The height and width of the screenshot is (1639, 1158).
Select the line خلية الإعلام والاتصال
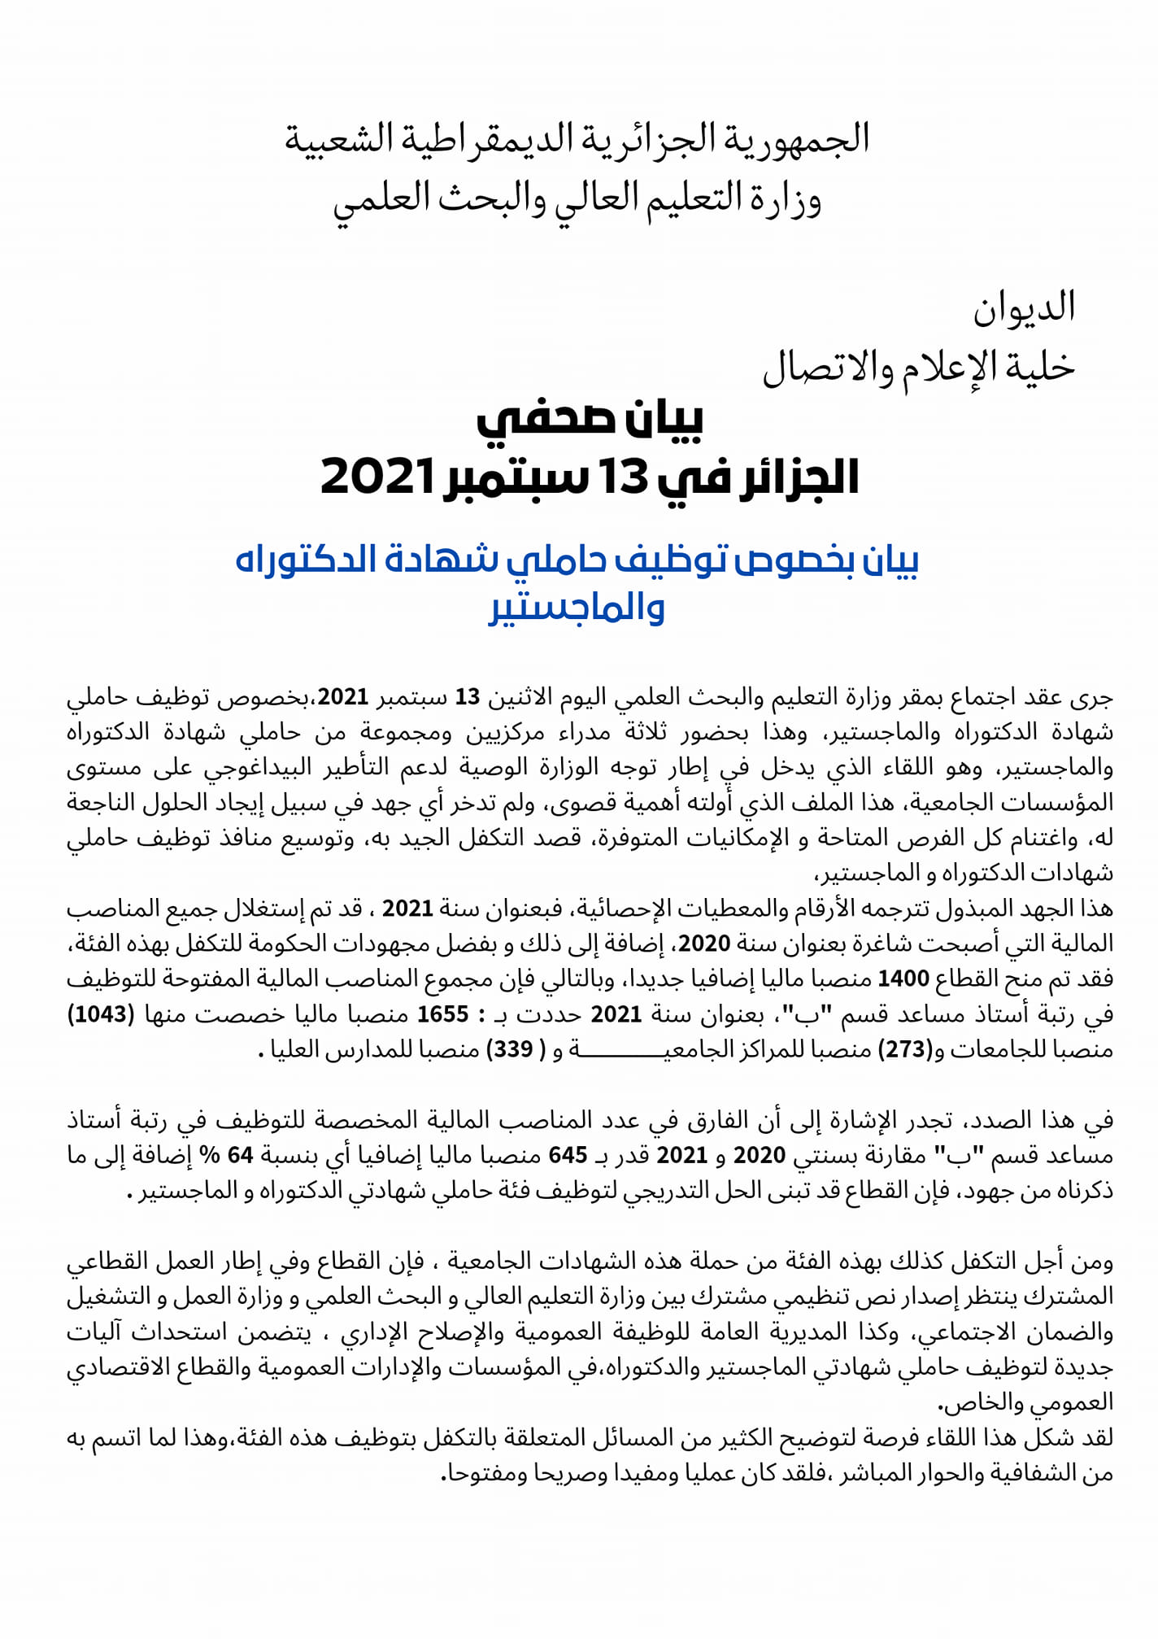pyautogui.click(x=919, y=368)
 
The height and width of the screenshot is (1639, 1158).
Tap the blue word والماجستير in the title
pyautogui.click(x=577, y=608)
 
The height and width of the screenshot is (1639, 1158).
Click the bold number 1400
pyautogui.click(x=902, y=979)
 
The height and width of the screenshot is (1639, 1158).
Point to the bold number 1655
pyautogui.click(x=442, y=1014)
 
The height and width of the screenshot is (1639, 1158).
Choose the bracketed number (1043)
pyautogui.click(x=101, y=1014)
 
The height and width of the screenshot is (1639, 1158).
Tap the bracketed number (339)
pyautogui.click(x=512, y=1050)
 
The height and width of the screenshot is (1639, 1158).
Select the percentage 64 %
pyautogui.click(x=241, y=1155)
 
